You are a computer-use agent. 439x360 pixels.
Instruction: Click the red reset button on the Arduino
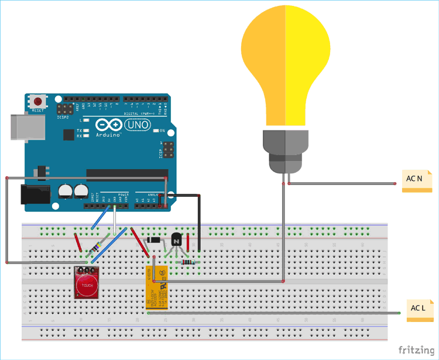pyautogui.click(x=38, y=101)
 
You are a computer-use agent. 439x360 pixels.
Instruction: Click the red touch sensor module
pyautogui.click(x=87, y=284)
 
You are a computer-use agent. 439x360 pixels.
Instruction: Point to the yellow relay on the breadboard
pyautogui.click(x=157, y=287)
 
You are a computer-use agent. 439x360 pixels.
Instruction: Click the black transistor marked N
pyautogui.click(x=176, y=241)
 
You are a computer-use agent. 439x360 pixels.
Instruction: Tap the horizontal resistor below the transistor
pyautogui.click(x=188, y=262)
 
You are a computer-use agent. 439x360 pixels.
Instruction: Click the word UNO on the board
pyautogui.click(x=138, y=125)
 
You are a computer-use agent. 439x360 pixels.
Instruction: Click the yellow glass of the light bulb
pyautogui.click(x=286, y=64)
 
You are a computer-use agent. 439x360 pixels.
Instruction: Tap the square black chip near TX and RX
pyautogui.click(x=69, y=135)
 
